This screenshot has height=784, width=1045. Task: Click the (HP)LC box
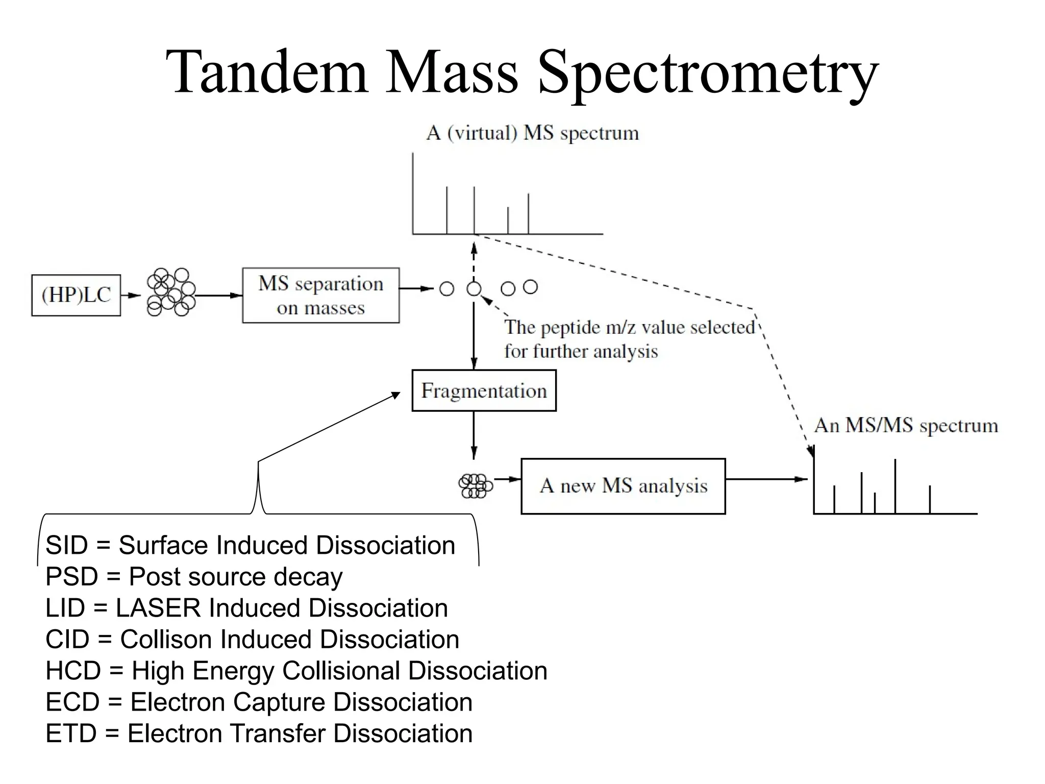tap(76, 295)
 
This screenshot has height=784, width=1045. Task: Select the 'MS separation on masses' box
tap(320, 296)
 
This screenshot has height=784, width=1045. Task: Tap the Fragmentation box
tap(484, 391)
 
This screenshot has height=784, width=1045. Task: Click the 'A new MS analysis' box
tap(623, 486)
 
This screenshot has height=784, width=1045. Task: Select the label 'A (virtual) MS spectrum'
tap(532, 133)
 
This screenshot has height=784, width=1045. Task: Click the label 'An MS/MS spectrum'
tap(906, 425)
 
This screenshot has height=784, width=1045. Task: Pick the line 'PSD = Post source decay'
tap(194, 577)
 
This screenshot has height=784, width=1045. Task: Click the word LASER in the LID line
tap(159, 608)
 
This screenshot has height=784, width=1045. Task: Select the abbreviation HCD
tap(73, 671)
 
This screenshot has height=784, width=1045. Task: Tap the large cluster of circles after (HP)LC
tap(171, 292)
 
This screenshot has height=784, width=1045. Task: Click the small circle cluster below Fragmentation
tap(475, 485)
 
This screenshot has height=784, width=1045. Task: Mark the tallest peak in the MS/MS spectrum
tap(895, 486)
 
